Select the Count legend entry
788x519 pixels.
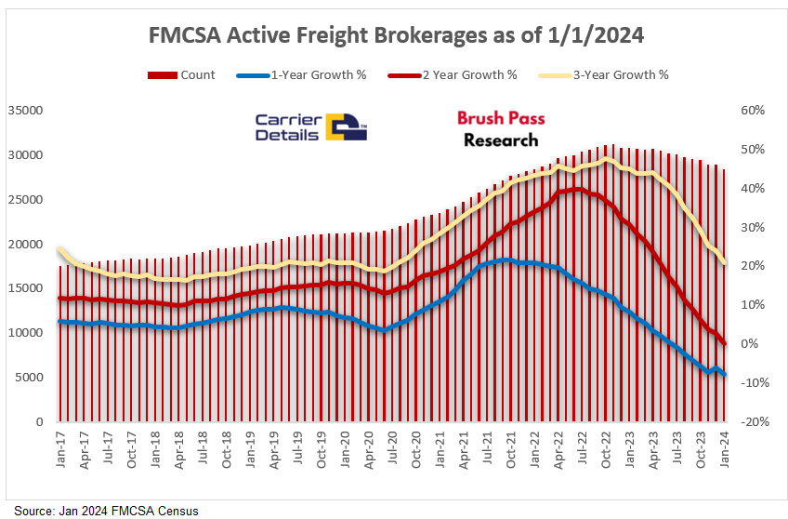coord(181,74)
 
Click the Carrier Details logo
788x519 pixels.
coord(311,127)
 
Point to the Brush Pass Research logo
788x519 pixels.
coord(501,129)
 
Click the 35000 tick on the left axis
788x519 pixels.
coord(25,110)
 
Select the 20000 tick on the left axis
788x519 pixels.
coord(25,244)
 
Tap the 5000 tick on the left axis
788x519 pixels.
coord(29,378)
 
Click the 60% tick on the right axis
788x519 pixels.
coord(754,110)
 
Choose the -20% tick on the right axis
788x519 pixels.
coord(751,422)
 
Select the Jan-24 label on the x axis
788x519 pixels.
coord(726,449)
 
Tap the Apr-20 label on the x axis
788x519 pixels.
coord(371,449)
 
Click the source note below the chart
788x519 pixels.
coord(106,511)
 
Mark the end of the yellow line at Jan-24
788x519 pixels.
coord(725,263)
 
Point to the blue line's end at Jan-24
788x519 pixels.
coord(725,375)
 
